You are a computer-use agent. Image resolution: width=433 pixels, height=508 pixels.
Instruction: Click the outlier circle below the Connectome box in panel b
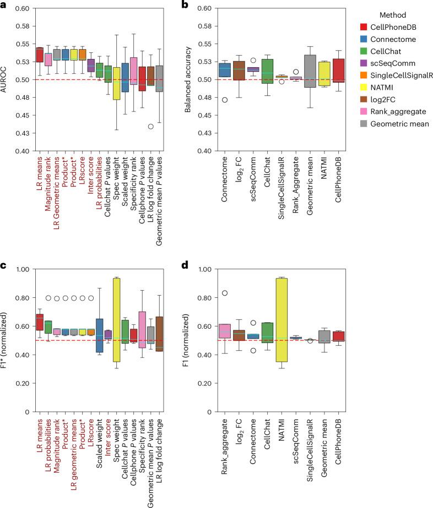coord(224,100)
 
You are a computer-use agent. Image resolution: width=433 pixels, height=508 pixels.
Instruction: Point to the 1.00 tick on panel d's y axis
coord(208,269)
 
